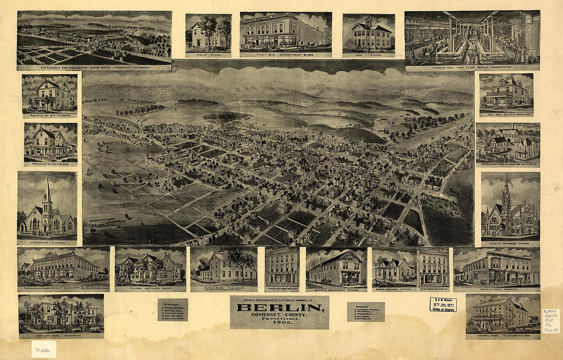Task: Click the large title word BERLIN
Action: [279, 308]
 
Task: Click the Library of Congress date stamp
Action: [443, 305]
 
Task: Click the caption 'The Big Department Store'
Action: [286, 53]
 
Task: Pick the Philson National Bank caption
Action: [150, 287]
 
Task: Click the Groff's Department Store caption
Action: [336, 288]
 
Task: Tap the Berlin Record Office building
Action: [394, 268]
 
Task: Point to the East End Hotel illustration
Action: [61, 313]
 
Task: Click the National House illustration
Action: [502, 313]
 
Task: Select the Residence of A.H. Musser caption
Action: [50, 115]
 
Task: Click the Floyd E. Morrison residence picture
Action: [506, 93]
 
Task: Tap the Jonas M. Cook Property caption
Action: [496, 288]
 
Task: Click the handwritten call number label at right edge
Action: [551, 321]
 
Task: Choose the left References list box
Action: [172, 310]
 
